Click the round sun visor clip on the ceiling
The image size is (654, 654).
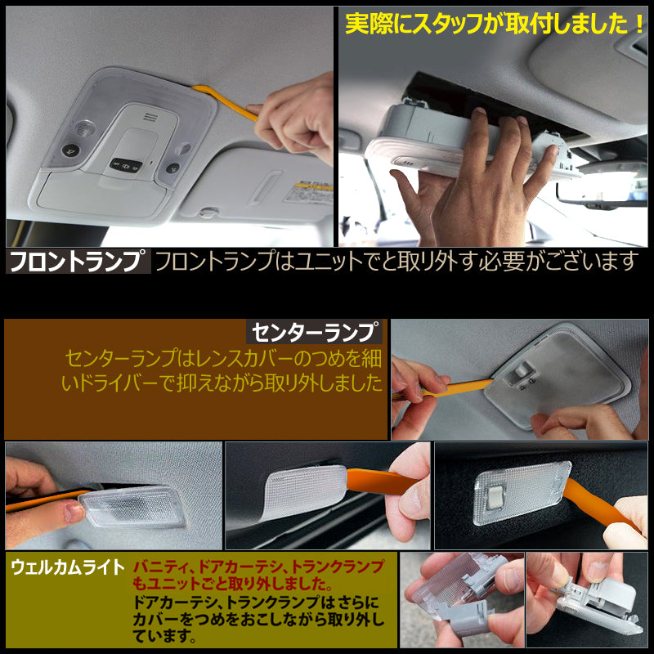[x=208, y=213]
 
